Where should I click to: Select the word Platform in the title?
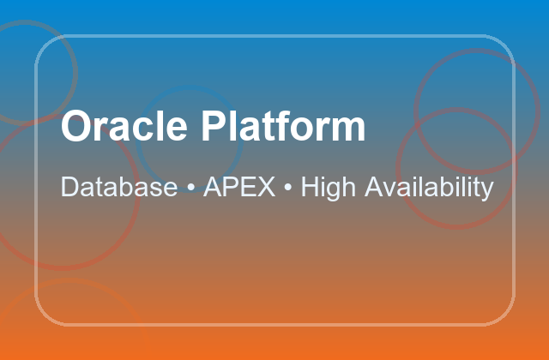click(283, 127)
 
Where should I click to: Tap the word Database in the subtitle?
click(118, 187)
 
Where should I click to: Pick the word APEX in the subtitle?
click(239, 187)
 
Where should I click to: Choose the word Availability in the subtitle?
click(430, 187)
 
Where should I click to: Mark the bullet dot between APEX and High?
click(289, 188)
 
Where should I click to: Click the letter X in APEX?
click(267, 187)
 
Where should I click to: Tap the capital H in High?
click(310, 187)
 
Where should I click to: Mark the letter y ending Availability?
click(488, 190)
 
